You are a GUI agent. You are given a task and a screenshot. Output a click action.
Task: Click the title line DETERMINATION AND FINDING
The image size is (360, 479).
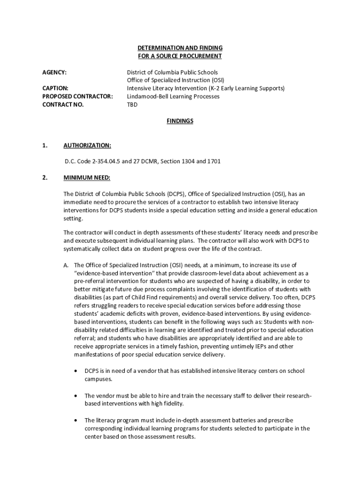coord(180,48)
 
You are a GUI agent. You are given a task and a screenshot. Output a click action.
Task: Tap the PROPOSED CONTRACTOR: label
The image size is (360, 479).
coord(78,96)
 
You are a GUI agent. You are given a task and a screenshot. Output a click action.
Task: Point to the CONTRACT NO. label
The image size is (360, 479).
coord(63,104)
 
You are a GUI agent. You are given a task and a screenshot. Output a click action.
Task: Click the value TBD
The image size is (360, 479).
coord(132,104)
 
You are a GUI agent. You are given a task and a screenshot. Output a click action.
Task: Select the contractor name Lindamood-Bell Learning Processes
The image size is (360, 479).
coord(173,96)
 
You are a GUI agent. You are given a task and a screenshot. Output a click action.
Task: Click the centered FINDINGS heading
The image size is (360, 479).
coord(180,121)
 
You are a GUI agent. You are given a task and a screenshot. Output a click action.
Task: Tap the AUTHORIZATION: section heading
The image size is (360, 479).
coord(87,145)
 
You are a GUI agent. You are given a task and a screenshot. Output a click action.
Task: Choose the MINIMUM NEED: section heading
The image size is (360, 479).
coord(87,178)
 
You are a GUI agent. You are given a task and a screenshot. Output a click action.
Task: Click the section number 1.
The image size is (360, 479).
coord(45,145)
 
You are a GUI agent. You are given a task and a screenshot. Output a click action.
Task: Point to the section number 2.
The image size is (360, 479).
coord(45,178)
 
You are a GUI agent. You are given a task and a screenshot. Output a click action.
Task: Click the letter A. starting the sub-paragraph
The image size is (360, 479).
coord(67,265)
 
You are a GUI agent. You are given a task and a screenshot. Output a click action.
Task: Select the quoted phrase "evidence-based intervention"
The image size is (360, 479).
coord(110,273)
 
